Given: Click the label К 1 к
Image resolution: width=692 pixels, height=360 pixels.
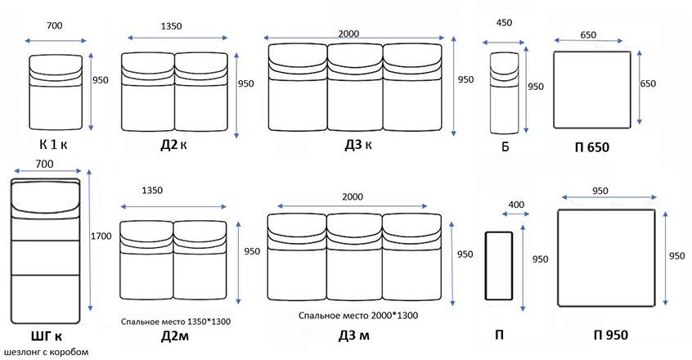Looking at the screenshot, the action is click(53, 144).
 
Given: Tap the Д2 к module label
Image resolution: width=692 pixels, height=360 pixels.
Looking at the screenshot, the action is click(173, 145).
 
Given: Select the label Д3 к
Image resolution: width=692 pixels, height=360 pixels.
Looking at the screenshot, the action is click(358, 145).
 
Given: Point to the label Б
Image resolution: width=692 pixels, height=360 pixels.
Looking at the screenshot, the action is click(506, 146).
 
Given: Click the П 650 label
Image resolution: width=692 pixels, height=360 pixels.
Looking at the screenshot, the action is click(592, 147).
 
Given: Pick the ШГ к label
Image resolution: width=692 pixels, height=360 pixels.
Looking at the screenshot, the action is click(47, 336).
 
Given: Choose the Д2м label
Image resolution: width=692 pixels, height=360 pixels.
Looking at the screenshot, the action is click(175, 336).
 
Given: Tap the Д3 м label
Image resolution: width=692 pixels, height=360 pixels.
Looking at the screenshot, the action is click(354, 335).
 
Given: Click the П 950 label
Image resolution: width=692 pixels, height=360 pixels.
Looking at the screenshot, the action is click(611, 335).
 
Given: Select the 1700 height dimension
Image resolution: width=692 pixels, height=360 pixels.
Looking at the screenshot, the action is click(101, 236).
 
